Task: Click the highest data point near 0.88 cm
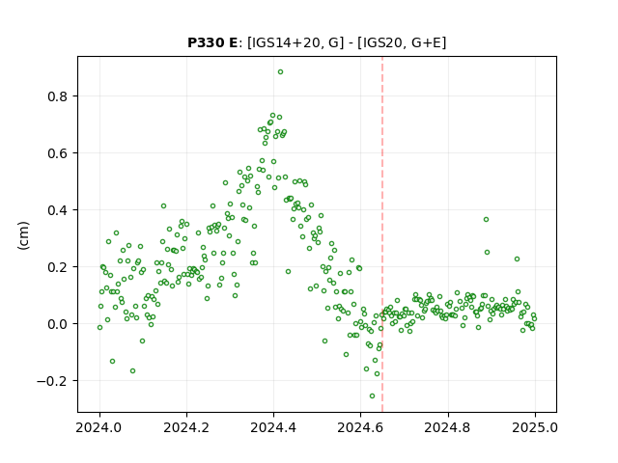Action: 280,72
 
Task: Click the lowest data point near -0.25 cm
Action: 372,396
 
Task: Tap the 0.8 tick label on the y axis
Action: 58,96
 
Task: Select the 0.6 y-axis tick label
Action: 58,153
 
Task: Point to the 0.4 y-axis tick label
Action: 58,210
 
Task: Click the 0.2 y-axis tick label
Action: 58,267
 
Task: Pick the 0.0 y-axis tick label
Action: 58,324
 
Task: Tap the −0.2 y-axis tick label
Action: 52,381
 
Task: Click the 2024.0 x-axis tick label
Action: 99,427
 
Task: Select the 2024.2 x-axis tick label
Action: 186,427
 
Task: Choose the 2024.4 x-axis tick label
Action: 273,427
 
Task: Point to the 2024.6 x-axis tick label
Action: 360,427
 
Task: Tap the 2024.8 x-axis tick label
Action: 448,427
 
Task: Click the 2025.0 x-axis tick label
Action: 535,427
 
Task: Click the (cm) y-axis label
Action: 23,235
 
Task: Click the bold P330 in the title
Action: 205,42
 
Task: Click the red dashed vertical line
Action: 382,234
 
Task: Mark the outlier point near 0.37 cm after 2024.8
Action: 486,219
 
